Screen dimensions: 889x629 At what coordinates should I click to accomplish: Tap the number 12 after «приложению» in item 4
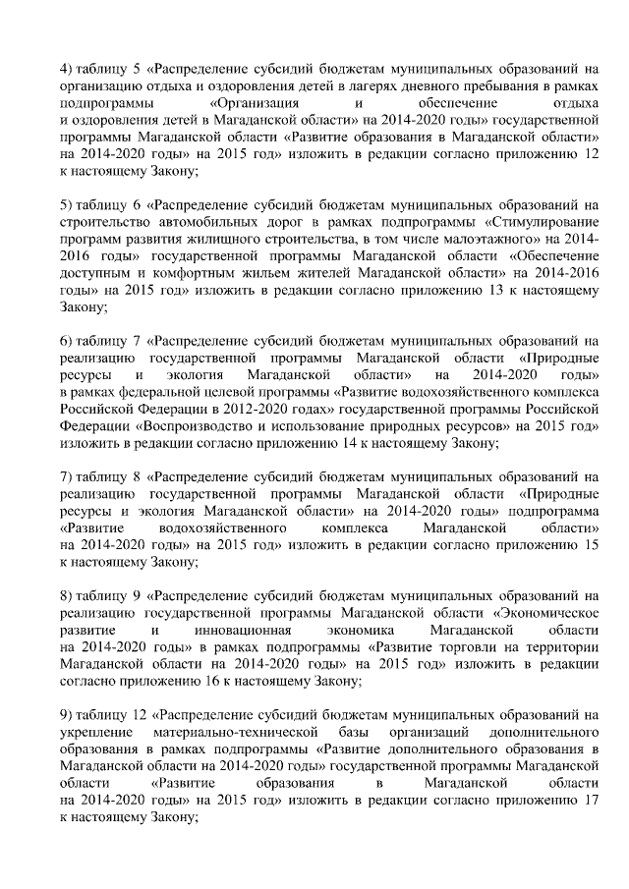[x=591, y=154]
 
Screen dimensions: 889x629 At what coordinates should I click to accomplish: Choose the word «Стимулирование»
[x=545, y=223]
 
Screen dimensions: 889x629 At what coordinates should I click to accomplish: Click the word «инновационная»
[x=239, y=630]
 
